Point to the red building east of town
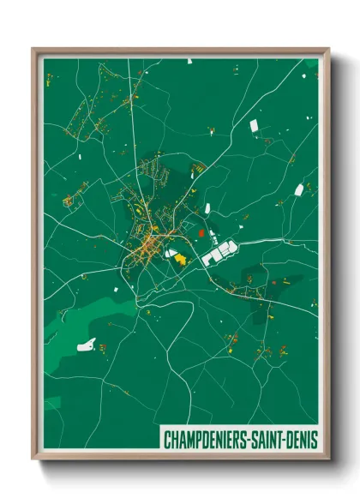(x=201, y=231)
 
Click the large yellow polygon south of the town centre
(x=183, y=258)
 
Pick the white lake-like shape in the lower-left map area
(x=87, y=345)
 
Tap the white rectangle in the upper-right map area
(x=254, y=126)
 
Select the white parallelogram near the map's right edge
(x=299, y=189)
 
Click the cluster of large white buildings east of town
(x=219, y=252)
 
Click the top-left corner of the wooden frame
(x=33, y=50)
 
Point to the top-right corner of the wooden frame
(x=327, y=50)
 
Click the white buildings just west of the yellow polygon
(x=170, y=254)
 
